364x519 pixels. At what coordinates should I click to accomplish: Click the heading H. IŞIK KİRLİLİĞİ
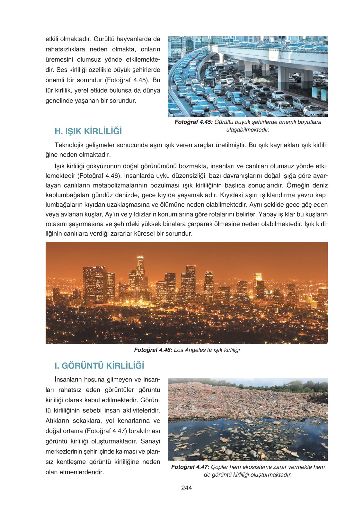(x=88, y=131)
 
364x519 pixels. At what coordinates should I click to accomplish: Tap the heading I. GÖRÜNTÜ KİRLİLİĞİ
(x=99, y=366)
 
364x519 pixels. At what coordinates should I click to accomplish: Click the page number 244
(x=186, y=488)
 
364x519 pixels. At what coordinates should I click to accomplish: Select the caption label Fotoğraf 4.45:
(x=193, y=122)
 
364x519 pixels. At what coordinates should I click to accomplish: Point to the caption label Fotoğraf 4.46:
(x=153, y=350)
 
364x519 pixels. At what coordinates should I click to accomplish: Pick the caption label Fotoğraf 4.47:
(x=190, y=467)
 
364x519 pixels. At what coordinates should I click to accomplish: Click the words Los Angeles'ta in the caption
(x=190, y=350)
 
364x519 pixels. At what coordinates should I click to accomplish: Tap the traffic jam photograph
(x=247, y=76)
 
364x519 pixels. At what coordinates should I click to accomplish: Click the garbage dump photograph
(x=247, y=419)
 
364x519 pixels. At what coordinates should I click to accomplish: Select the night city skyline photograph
(x=186, y=293)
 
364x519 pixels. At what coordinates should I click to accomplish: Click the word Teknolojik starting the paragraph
(x=68, y=145)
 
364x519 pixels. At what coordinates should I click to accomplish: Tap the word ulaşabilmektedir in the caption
(x=247, y=130)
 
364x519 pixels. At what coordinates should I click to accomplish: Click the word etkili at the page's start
(x=52, y=39)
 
